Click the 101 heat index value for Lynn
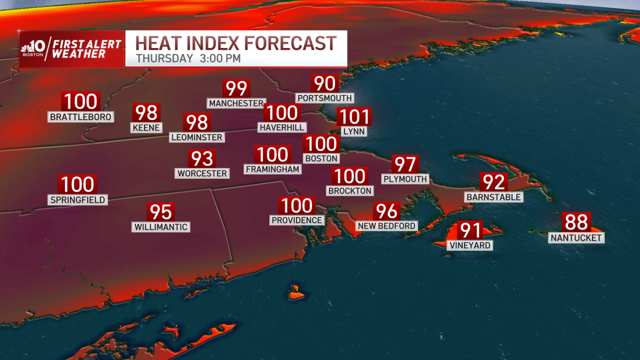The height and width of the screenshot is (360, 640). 354,116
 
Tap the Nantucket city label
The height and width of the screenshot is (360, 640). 577,238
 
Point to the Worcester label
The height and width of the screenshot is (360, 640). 202,173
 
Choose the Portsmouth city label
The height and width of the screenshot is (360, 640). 325,98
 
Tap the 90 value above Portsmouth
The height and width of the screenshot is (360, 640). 325,84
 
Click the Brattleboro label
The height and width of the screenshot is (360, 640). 81,117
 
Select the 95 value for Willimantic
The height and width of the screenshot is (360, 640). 161,212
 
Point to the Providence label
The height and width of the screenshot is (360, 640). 297,220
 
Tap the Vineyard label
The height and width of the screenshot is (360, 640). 470,245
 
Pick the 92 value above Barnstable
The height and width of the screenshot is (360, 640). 493,182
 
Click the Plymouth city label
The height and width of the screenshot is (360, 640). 405,179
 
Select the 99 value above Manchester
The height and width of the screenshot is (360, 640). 236,89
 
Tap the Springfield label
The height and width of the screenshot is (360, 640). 77,200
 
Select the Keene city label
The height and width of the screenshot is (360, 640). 146,128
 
